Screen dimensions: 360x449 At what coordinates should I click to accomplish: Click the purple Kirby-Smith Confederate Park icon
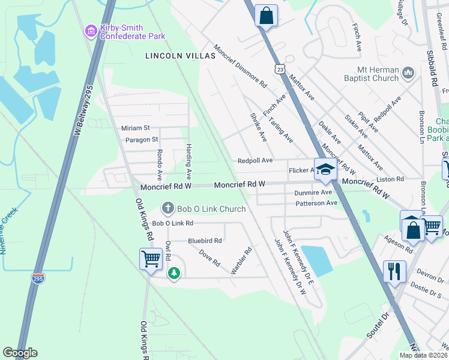click(x=91, y=30)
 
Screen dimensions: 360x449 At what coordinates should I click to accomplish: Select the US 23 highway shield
click(x=280, y=70)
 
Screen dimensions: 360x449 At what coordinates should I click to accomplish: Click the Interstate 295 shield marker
click(x=37, y=278)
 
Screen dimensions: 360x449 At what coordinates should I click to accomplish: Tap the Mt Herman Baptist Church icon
click(x=408, y=73)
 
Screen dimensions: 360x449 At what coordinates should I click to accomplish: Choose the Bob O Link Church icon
click(x=168, y=209)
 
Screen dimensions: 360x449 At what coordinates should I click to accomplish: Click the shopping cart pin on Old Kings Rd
click(x=150, y=259)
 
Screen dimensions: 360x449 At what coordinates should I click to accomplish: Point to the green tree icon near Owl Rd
click(x=174, y=273)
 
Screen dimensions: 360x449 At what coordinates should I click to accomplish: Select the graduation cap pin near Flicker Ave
click(x=325, y=170)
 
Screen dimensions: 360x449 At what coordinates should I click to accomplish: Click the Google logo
click(x=20, y=353)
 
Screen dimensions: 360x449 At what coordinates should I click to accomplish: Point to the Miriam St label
click(x=135, y=128)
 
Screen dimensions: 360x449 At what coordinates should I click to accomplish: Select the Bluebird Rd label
click(x=205, y=241)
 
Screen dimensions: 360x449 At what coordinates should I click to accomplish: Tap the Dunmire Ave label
click(x=313, y=193)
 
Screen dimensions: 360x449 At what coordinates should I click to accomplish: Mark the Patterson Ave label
click(x=316, y=203)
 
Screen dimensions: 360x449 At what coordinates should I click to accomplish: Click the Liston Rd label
click(x=391, y=179)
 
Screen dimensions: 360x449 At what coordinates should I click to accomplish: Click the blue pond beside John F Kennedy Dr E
click(x=316, y=260)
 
